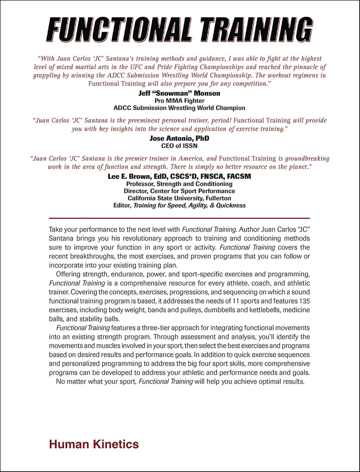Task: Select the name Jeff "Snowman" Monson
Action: (179, 93)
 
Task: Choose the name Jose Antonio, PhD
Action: (179, 138)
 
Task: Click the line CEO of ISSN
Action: (179, 146)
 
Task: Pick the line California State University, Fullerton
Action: (179, 198)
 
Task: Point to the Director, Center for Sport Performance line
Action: (179, 191)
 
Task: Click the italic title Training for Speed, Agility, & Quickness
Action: (190, 205)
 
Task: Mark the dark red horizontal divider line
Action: (179, 218)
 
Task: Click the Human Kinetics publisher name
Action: (94, 444)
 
